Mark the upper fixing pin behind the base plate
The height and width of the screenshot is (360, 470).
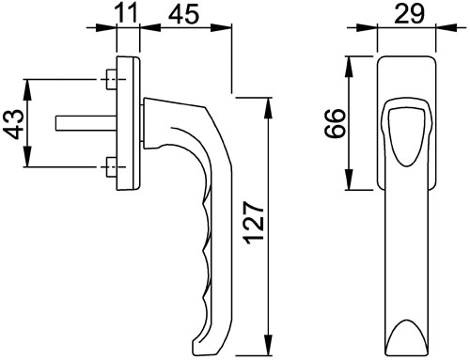tap(112, 78)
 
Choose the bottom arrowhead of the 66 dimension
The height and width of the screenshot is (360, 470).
tap(352, 183)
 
